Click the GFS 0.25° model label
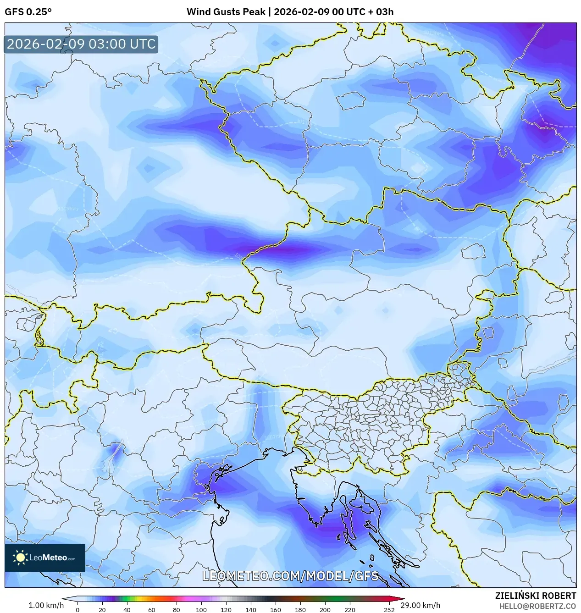pos(28,12)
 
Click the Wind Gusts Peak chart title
pos(290,12)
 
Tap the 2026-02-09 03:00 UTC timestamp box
pos(81,44)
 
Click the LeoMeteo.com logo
pos(45,558)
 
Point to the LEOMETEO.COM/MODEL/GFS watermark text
pos(290,576)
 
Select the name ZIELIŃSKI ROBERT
pos(535,596)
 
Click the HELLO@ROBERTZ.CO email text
pos(537,606)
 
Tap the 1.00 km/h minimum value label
pos(46,605)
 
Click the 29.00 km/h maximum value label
pos(420,605)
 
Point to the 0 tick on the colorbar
pos(77,610)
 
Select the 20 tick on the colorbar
pos(102,610)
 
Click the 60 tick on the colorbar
pos(151,610)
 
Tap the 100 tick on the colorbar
pos(201,610)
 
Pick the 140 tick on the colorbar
pos(250,610)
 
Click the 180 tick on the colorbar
pos(300,610)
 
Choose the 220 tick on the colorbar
pos(349,610)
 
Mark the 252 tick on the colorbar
pos(389,610)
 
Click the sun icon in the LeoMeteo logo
pos(20,558)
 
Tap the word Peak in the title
pos(255,12)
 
